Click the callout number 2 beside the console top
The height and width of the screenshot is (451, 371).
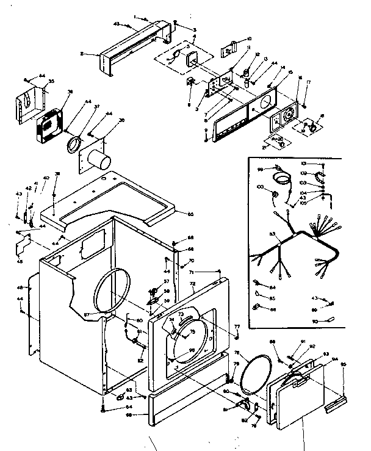81,54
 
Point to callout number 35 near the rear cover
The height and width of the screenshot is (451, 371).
51,82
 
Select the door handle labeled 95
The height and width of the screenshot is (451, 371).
334,402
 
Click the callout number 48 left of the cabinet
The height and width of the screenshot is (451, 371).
21,287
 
